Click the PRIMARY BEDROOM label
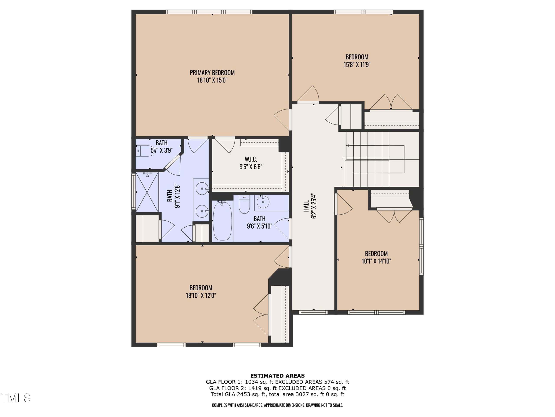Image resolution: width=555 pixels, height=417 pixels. [x=212, y=73]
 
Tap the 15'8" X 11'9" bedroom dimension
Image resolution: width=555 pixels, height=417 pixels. [x=357, y=65]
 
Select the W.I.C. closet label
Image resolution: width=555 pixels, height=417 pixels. [x=251, y=159]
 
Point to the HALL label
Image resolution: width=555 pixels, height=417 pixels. [x=306, y=206]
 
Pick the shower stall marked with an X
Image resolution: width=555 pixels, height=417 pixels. [x=147, y=192]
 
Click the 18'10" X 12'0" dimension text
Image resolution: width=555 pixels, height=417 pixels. [x=201, y=295]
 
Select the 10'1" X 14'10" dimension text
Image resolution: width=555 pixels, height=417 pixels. [x=376, y=261]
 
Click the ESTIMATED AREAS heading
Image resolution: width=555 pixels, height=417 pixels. [x=277, y=376]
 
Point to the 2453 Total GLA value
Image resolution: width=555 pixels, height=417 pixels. [x=243, y=394]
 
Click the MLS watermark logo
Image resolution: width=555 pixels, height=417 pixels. [x=16, y=398]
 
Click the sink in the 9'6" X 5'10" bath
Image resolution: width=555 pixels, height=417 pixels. [x=263, y=202]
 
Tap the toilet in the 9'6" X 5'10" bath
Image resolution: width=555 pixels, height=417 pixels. [x=244, y=204]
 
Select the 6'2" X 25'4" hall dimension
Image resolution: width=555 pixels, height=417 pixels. [x=314, y=206]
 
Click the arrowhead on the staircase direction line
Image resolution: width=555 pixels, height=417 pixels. [x=348, y=145]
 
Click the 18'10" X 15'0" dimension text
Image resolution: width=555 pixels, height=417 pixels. [x=212, y=80]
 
